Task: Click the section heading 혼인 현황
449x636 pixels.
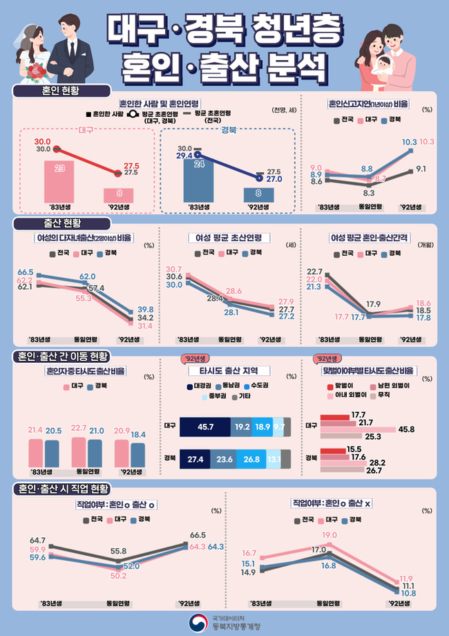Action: click(61, 91)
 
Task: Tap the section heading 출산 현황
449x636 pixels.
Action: click(61, 223)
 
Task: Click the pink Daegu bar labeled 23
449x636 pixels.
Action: click(60, 179)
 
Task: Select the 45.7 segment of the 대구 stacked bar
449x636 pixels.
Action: click(205, 427)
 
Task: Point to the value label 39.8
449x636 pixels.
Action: click(145, 309)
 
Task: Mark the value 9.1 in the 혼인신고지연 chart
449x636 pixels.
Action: click(421, 168)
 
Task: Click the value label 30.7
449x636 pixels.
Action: click(174, 269)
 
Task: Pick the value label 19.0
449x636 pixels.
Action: click(329, 534)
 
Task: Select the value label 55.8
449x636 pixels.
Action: click(119, 551)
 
